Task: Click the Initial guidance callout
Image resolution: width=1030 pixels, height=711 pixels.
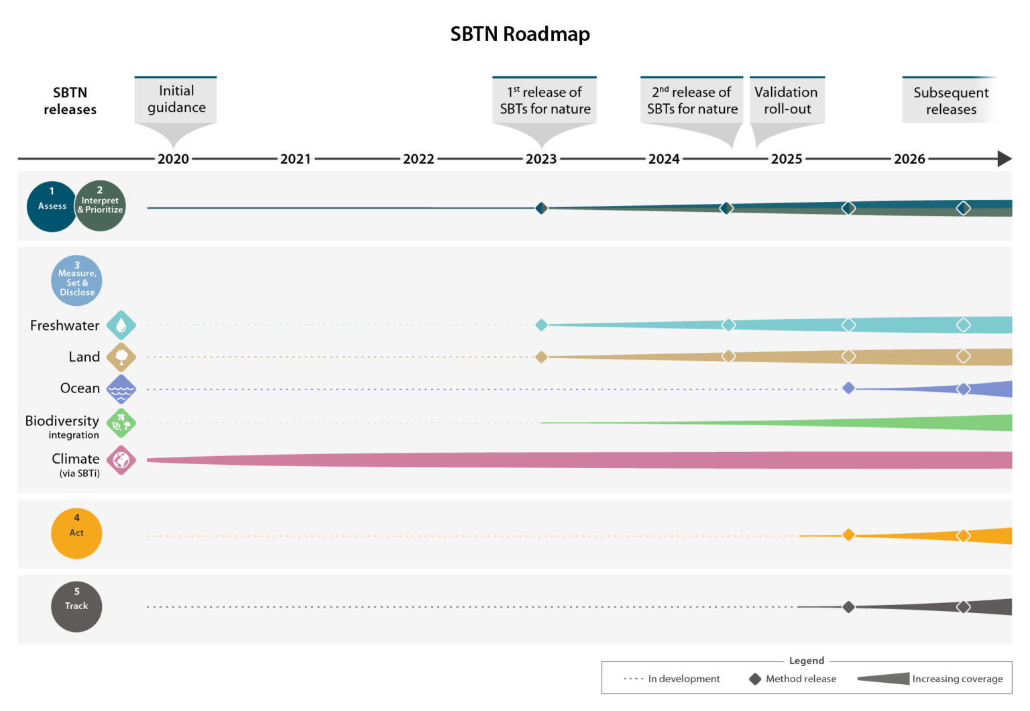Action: coord(176,101)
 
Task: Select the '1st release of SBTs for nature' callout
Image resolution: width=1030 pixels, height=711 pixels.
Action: coord(545,101)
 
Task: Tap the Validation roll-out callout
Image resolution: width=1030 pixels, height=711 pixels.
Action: coord(787,101)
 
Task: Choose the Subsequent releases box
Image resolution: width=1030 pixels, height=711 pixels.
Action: coord(950,101)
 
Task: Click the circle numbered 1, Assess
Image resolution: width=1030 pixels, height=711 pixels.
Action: coord(52,207)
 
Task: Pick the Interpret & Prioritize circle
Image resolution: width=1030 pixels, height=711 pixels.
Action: coord(101,206)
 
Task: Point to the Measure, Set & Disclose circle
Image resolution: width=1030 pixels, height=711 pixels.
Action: coord(76,280)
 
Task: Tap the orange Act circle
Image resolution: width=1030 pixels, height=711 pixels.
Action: coord(76,533)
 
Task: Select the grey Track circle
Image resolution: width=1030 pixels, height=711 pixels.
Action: coord(76,606)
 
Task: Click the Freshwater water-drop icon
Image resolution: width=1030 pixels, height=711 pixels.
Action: coord(121,325)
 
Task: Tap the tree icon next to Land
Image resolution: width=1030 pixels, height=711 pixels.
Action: coord(121,357)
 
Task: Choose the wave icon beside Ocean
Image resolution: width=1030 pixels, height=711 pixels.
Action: coord(121,389)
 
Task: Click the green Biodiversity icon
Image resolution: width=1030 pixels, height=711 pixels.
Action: coord(121,423)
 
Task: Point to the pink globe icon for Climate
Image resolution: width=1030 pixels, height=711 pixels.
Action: coord(121,460)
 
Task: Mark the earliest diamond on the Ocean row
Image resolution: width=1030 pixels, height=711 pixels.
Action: coord(848,388)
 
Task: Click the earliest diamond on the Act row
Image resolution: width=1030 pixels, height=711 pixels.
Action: coord(848,535)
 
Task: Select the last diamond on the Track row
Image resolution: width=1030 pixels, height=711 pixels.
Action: coord(964,607)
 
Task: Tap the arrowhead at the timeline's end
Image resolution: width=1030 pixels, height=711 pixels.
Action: coord(1005,159)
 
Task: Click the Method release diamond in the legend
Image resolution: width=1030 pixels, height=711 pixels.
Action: coord(755,679)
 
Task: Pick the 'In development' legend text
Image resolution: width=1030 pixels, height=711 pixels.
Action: coord(683,679)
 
